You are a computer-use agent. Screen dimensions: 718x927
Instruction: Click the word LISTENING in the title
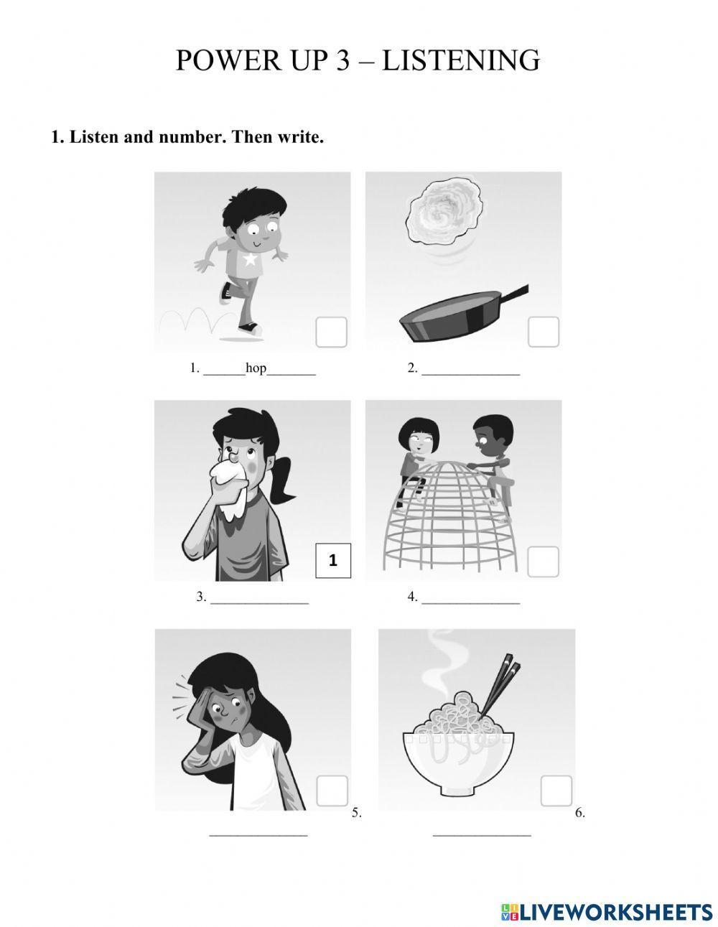click(x=461, y=60)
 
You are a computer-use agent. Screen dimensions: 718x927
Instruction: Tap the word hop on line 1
click(x=256, y=368)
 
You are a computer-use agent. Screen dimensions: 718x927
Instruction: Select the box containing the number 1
click(x=333, y=561)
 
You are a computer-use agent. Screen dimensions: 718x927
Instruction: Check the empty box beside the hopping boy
click(x=331, y=332)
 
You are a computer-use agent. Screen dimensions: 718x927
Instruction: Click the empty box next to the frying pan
click(x=544, y=332)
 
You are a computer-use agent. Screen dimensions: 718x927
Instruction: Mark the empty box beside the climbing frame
click(x=543, y=562)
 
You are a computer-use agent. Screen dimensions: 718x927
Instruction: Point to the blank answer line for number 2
click(x=471, y=375)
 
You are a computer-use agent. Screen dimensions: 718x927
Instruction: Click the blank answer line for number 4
click(x=471, y=603)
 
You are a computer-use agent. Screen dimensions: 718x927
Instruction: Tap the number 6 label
click(x=580, y=813)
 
